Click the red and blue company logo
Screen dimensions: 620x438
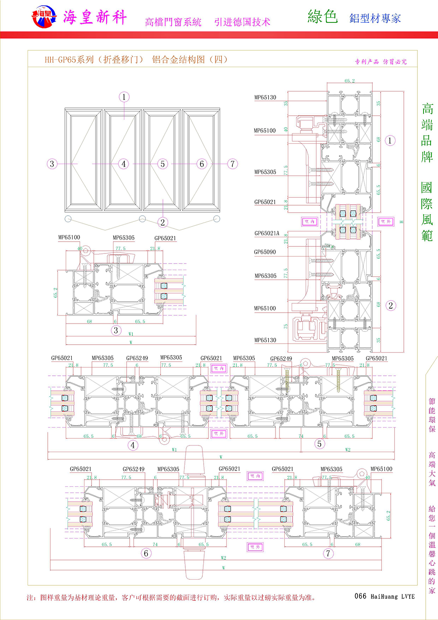44,17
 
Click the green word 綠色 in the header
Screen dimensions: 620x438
322,17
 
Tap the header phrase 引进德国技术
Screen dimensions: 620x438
242,22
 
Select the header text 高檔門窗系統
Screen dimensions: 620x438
173,22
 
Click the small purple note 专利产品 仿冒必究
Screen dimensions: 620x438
381,62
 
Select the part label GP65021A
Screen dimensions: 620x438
266,233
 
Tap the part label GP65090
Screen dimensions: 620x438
265,252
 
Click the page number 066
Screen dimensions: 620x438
360,596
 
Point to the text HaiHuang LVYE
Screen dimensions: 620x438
392,596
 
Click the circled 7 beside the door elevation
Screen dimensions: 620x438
232,164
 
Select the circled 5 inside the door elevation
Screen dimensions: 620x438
162,164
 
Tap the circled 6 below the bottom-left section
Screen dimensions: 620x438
146,553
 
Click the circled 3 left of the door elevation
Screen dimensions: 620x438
52,164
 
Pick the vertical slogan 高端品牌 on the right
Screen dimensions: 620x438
427,132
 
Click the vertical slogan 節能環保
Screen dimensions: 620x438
432,415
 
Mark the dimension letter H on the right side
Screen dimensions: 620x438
401,222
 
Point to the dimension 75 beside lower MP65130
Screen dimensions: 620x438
286,327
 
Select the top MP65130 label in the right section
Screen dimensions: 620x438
265,97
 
